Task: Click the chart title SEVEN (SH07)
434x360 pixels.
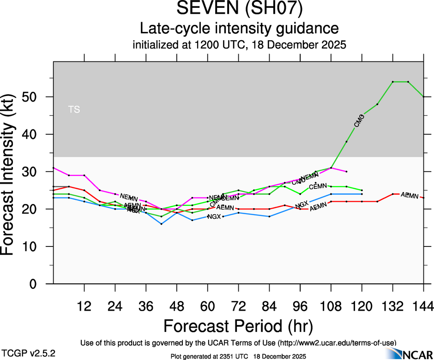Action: coord(239,9)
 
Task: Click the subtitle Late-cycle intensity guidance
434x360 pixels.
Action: coord(239,29)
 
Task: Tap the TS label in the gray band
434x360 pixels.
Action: coord(74,110)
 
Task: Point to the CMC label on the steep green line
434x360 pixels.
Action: coord(359,121)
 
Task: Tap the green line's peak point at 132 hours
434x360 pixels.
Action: coord(392,82)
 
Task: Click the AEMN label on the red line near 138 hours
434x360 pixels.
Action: coord(409,196)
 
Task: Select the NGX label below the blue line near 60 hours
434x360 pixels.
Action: coord(214,216)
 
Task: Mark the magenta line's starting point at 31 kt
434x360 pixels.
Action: coord(54,168)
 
